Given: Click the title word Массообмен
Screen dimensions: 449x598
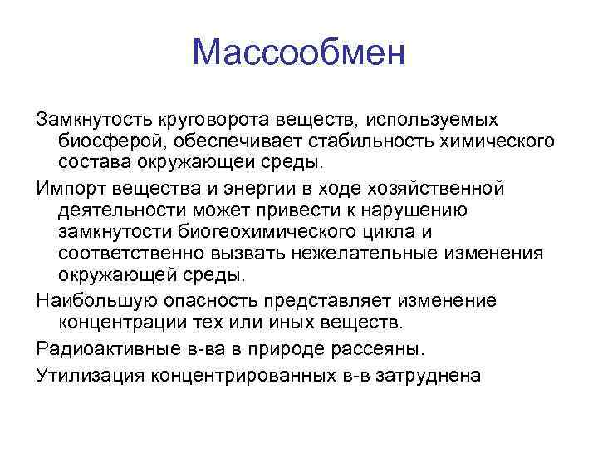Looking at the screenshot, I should coord(298,53).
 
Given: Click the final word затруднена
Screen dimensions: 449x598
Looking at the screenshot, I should coord(427,375).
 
